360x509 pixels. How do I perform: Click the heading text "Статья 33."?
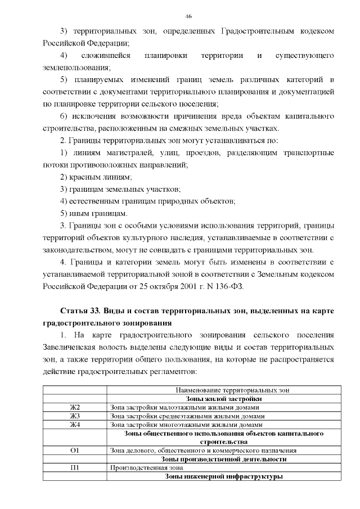click(x=79, y=311)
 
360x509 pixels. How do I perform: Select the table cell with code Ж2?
click(x=75, y=407)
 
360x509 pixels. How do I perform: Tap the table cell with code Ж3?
click(x=75, y=416)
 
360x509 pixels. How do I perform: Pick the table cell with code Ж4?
click(x=75, y=425)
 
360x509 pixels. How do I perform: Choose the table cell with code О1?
click(x=75, y=451)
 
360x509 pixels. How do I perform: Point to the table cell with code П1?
click(x=75, y=467)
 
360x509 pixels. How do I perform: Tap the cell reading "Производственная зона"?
click(x=138, y=467)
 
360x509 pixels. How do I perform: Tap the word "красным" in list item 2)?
click(x=85, y=177)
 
